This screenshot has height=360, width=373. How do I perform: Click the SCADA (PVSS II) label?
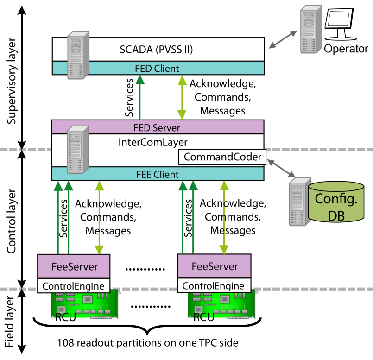click(156, 49)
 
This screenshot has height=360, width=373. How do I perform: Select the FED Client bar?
click(158, 68)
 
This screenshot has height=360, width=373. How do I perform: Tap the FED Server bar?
click(158, 127)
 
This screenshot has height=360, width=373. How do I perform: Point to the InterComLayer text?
click(153, 142)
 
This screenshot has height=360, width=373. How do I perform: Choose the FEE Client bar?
click(158, 174)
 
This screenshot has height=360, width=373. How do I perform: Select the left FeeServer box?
click(74, 266)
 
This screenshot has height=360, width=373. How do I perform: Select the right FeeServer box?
click(214, 266)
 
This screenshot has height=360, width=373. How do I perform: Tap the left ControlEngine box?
click(74, 286)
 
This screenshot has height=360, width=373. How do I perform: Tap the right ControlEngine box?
click(214, 286)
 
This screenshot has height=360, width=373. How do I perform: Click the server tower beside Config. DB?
click(297, 202)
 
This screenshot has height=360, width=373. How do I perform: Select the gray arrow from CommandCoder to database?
click(281, 168)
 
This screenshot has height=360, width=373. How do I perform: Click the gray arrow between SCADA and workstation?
click(283, 39)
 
